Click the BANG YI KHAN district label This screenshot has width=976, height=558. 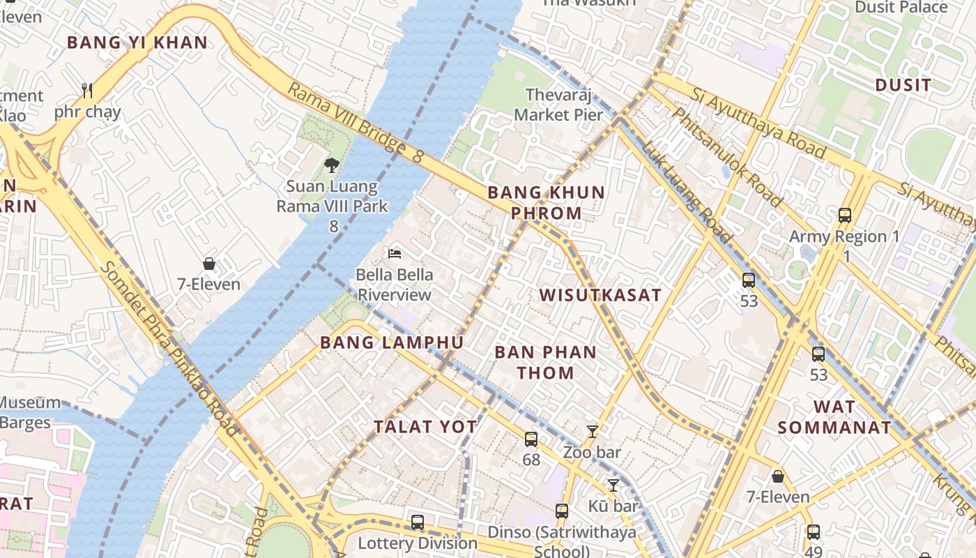coord(137,43)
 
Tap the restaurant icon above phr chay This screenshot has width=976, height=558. coord(87,90)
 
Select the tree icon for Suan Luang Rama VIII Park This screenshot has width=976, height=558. coord(332,165)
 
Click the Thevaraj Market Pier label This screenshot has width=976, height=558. coord(558,105)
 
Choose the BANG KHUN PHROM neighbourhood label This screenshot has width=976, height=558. coord(546,202)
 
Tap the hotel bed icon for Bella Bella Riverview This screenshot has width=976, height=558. coord(395,253)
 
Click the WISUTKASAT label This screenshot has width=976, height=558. coord(600,295)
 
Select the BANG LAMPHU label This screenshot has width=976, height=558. coord(392,342)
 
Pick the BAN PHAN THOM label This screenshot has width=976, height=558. coord(546,362)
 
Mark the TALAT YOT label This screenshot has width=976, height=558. coord(425,427)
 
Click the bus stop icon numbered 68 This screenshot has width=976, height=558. coord(531,439)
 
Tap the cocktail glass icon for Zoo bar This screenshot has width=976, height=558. coord(593,431)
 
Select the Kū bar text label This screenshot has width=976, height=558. coord(613,506)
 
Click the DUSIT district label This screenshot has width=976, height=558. coord(903,86)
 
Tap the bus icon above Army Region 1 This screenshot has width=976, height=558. coord(845,215)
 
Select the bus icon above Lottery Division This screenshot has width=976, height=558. coord(418,522)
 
